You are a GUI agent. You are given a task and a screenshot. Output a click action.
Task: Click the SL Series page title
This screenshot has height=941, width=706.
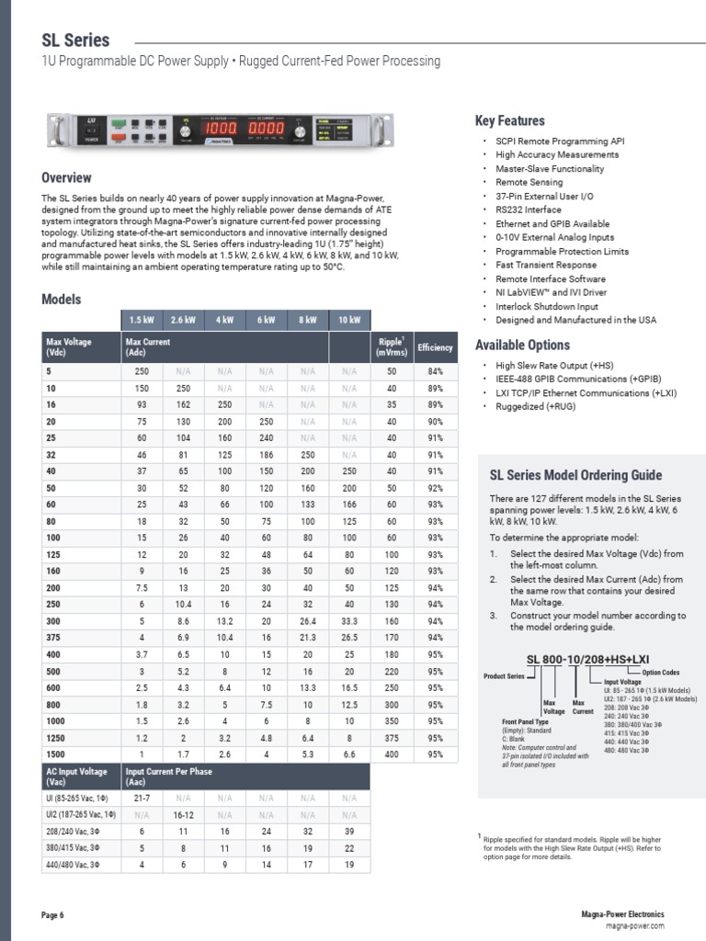[75, 40]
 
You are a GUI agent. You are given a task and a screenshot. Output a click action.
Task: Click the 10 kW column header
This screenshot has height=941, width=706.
[350, 320]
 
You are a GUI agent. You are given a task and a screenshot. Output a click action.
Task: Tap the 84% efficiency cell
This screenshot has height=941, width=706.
[435, 370]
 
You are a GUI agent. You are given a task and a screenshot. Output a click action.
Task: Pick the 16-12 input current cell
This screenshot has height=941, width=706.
[184, 815]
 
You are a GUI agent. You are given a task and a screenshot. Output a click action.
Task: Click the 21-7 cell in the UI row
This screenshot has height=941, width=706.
[142, 799]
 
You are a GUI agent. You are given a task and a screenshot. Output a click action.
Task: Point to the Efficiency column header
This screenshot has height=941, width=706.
[435, 347]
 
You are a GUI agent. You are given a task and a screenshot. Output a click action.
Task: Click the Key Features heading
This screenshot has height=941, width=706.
[509, 120]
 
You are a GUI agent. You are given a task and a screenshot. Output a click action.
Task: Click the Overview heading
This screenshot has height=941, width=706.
[67, 177]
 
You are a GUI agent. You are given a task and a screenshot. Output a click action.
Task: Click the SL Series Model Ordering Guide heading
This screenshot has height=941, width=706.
[575, 475]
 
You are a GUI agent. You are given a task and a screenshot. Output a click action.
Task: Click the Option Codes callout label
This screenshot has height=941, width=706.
[660, 672]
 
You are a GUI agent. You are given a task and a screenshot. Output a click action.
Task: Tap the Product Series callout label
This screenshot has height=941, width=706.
[504, 675]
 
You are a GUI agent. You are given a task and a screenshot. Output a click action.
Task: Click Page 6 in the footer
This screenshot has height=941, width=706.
[53, 915]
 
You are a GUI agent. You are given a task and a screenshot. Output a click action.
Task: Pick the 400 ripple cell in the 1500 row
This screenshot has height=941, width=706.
[392, 754]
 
